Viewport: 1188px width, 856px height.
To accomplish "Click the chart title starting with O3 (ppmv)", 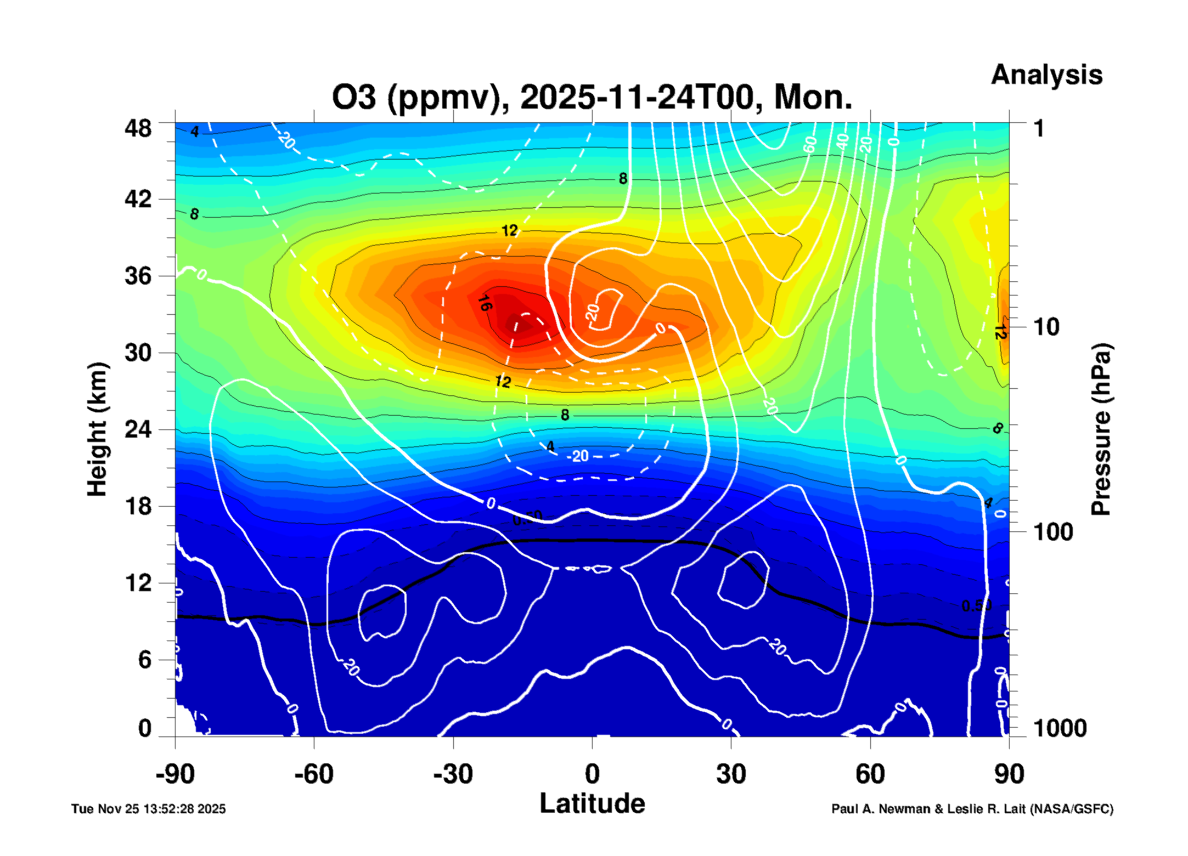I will (592, 98).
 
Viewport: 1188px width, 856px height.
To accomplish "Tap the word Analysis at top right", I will (1046, 75).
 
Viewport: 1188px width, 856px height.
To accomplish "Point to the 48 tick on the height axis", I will (138, 129).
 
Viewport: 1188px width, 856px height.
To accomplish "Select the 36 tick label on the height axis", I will (138, 276).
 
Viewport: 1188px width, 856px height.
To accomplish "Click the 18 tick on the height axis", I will (138, 506).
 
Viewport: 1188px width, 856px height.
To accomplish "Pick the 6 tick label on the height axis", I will (144, 660).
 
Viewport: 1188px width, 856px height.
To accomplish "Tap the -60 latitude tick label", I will (313, 774).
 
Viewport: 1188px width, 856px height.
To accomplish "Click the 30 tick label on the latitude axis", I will (731, 774).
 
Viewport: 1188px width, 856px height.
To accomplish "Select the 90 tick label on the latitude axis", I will (1009, 774).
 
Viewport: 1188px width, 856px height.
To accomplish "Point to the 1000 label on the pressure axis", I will (1060, 728).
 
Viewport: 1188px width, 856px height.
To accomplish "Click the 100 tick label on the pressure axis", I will (1053, 532).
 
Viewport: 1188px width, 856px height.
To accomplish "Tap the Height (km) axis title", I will (97, 429).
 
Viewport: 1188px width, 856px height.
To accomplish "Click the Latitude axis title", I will (592, 804).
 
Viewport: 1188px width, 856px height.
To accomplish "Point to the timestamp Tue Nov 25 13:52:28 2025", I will (148, 809).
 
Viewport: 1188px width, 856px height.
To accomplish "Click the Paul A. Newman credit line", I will (972, 809).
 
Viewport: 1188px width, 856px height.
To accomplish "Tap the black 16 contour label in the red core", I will (484, 303).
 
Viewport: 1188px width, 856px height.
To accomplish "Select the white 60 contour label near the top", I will (809, 144).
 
